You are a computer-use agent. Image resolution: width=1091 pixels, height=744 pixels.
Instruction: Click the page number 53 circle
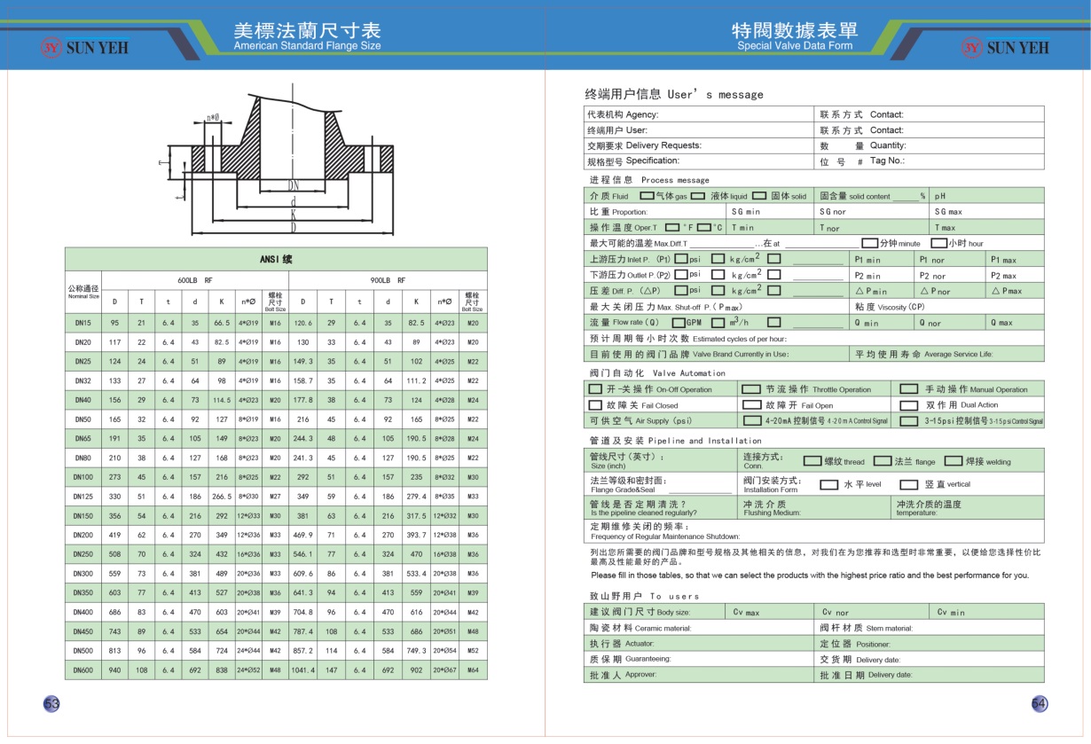click(51, 704)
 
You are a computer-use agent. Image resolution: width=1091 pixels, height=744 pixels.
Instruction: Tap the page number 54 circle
click(1040, 704)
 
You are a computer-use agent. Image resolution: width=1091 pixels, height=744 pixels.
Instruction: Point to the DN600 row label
click(83, 670)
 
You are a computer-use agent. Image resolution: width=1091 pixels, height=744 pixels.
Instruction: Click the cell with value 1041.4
click(303, 670)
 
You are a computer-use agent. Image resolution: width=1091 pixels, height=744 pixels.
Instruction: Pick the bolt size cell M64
click(473, 670)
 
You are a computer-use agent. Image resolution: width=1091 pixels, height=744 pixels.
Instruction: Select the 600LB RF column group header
click(194, 279)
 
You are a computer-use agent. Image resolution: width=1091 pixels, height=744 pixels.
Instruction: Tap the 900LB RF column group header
click(388, 279)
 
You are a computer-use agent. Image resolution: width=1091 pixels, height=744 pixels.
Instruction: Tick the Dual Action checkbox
click(908, 405)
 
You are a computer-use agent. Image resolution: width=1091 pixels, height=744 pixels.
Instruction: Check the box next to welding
click(953, 461)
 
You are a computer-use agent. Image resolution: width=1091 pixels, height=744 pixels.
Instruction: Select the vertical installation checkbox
click(908, 485)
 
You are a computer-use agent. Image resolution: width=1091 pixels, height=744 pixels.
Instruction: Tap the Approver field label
click(621, 675)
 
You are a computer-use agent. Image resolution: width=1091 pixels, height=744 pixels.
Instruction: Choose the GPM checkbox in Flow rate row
click(679, 323)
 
